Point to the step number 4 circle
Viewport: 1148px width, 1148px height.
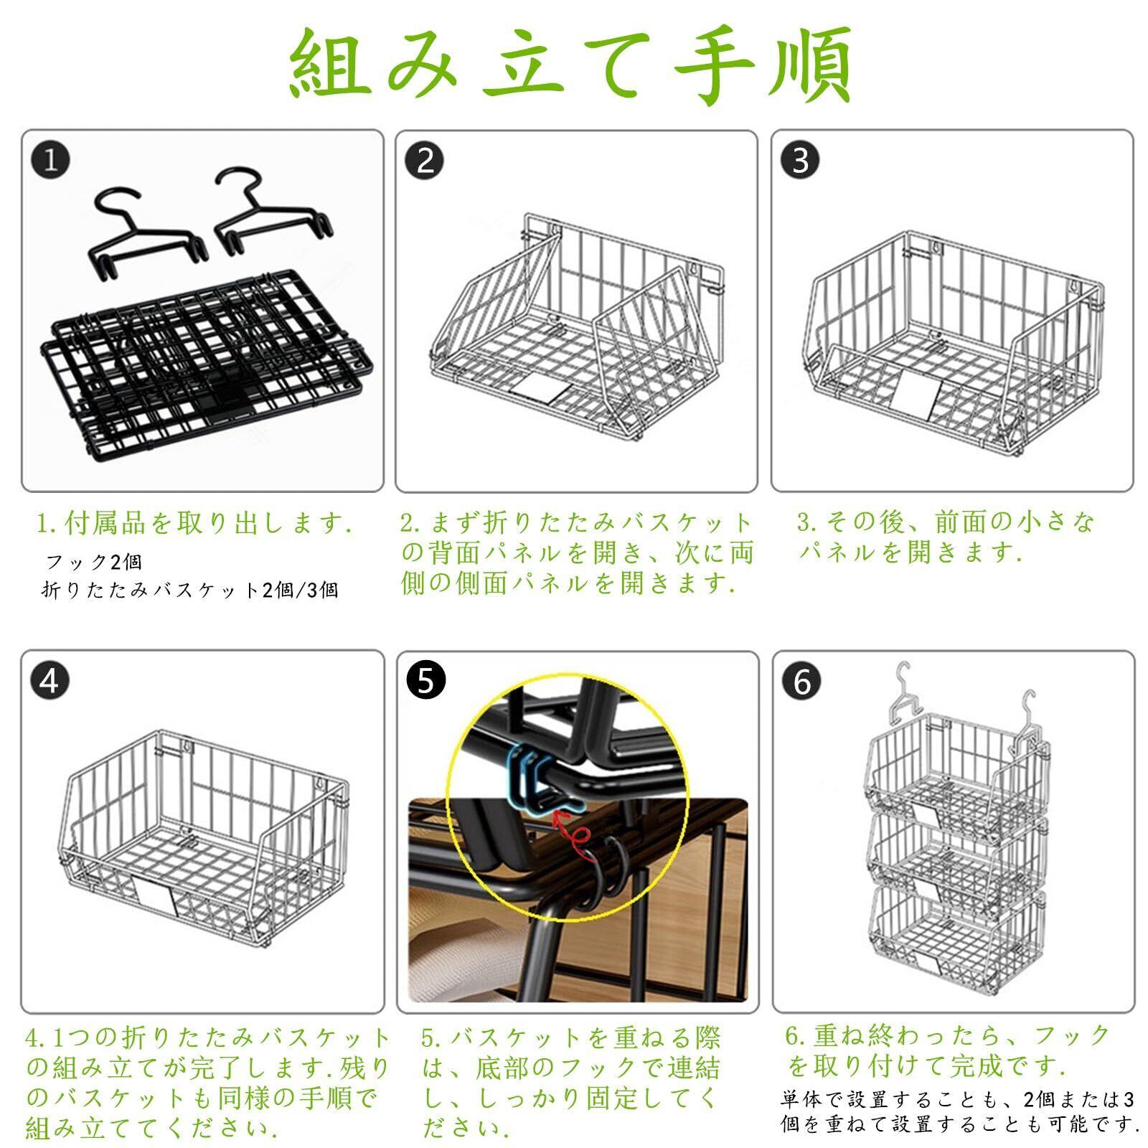pyautogui.click(x=49, y=680)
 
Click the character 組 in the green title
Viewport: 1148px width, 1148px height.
pyautogui.click(x=331, y=66)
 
